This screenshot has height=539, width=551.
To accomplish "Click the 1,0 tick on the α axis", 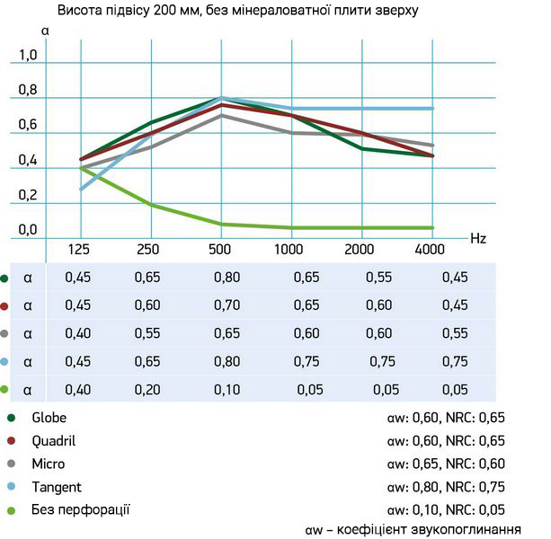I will (x=29, y=56).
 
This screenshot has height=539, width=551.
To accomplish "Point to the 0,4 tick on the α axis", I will (x=29, y=161).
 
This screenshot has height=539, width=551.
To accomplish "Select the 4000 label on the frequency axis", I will (x=433, y=248).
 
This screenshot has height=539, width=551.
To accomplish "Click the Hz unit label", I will (x=478, y=238).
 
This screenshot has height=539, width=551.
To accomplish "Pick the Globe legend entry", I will (x=49, y=418).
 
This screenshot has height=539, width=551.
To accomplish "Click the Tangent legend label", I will (x=56, y=487).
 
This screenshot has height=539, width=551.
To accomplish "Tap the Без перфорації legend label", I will (x=81, y=510).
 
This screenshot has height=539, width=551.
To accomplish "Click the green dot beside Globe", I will (x=11, y=418).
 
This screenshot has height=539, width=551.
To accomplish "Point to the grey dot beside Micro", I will (x=11, y=464).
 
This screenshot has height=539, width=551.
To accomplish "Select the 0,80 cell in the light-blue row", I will (x=227, y=361).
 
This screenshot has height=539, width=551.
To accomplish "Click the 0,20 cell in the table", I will (x=148, y=389).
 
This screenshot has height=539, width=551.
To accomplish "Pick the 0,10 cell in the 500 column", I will (x=227, y=389).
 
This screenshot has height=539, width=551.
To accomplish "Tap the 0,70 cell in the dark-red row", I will (x=227, y=305).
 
